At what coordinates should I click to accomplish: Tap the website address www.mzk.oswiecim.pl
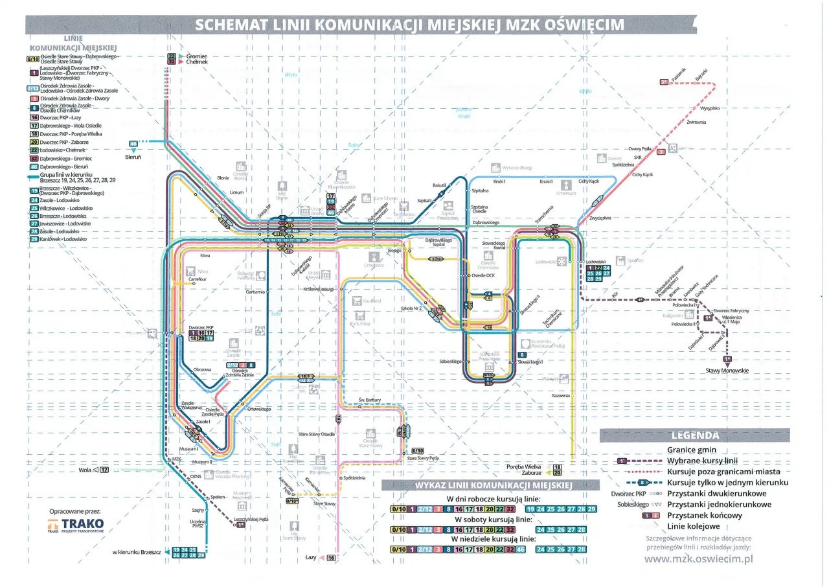pyautogui.click(x=699, y=558)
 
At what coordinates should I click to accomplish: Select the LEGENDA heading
pyautogui.click(x=695, y=435)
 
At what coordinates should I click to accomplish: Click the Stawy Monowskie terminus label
pyautogui.click(x=727, y=371)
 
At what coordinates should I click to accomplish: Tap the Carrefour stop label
pyautogui.click(x=198, y=279)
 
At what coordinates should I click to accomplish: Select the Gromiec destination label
pyautogui.click(x=196, y=56)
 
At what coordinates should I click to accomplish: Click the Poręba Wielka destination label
pyautogui.click(x=525, y=466)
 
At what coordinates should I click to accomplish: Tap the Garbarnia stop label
pyautogui.click(x=255, y=292)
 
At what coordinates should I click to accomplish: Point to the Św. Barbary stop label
pyautogui.click(x=370, y=400)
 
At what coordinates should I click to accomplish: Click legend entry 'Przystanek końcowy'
pyautogui.click(x=704, y=515)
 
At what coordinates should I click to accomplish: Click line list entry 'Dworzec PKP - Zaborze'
pyautogui.click(x=63, y=142)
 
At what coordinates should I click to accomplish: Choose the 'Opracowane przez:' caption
pyautogui.click(x=76, y=511)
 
